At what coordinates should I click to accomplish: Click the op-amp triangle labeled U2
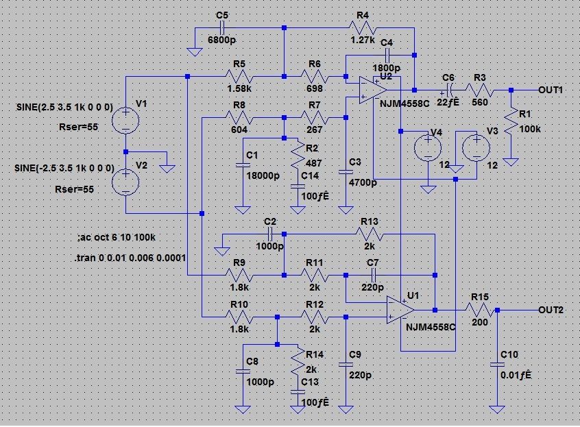click(372, 90)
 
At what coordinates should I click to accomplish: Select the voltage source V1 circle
click(125, 121)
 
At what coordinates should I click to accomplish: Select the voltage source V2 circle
click(125, 182)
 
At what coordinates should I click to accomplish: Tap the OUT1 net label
click(551, 90)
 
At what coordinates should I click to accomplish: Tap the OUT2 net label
click(551, 310)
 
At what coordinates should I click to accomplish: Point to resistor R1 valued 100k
click(511, 123)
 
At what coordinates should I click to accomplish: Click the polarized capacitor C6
click(448, 90)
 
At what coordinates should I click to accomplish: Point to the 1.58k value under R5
click(239, 88)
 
